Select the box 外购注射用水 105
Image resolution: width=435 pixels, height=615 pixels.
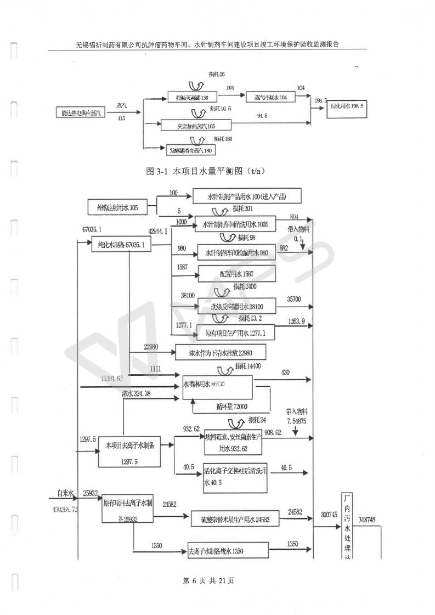coord(118,207)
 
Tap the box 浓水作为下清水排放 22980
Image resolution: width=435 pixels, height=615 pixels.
coord(221,352)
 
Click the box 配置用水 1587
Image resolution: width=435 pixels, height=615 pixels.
coord(236,273)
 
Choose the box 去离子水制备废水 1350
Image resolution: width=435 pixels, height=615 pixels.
coord(228,550)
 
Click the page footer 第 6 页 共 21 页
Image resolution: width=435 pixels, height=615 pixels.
coord(208,580)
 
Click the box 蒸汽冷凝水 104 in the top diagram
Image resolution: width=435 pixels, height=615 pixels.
coord(270,97)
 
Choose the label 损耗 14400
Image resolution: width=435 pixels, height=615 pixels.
coord(251,366)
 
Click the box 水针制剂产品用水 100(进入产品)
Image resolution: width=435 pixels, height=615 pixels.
coord(247,196)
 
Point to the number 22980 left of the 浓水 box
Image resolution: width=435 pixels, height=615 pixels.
coord(154,346)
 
